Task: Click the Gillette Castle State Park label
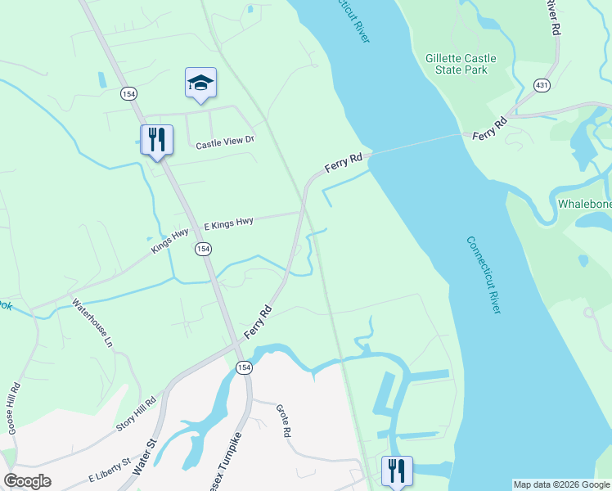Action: point(457,64)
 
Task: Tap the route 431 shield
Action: point(542,84)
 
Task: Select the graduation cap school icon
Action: point(200,83)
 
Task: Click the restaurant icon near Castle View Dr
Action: point(156,140)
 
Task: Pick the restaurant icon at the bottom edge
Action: point(397,471)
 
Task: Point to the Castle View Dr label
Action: point(226,142)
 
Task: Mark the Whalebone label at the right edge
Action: point(584,204)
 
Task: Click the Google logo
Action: point(27,481)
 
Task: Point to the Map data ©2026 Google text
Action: point(561,484)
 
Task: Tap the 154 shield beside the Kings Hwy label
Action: point(202,249)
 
